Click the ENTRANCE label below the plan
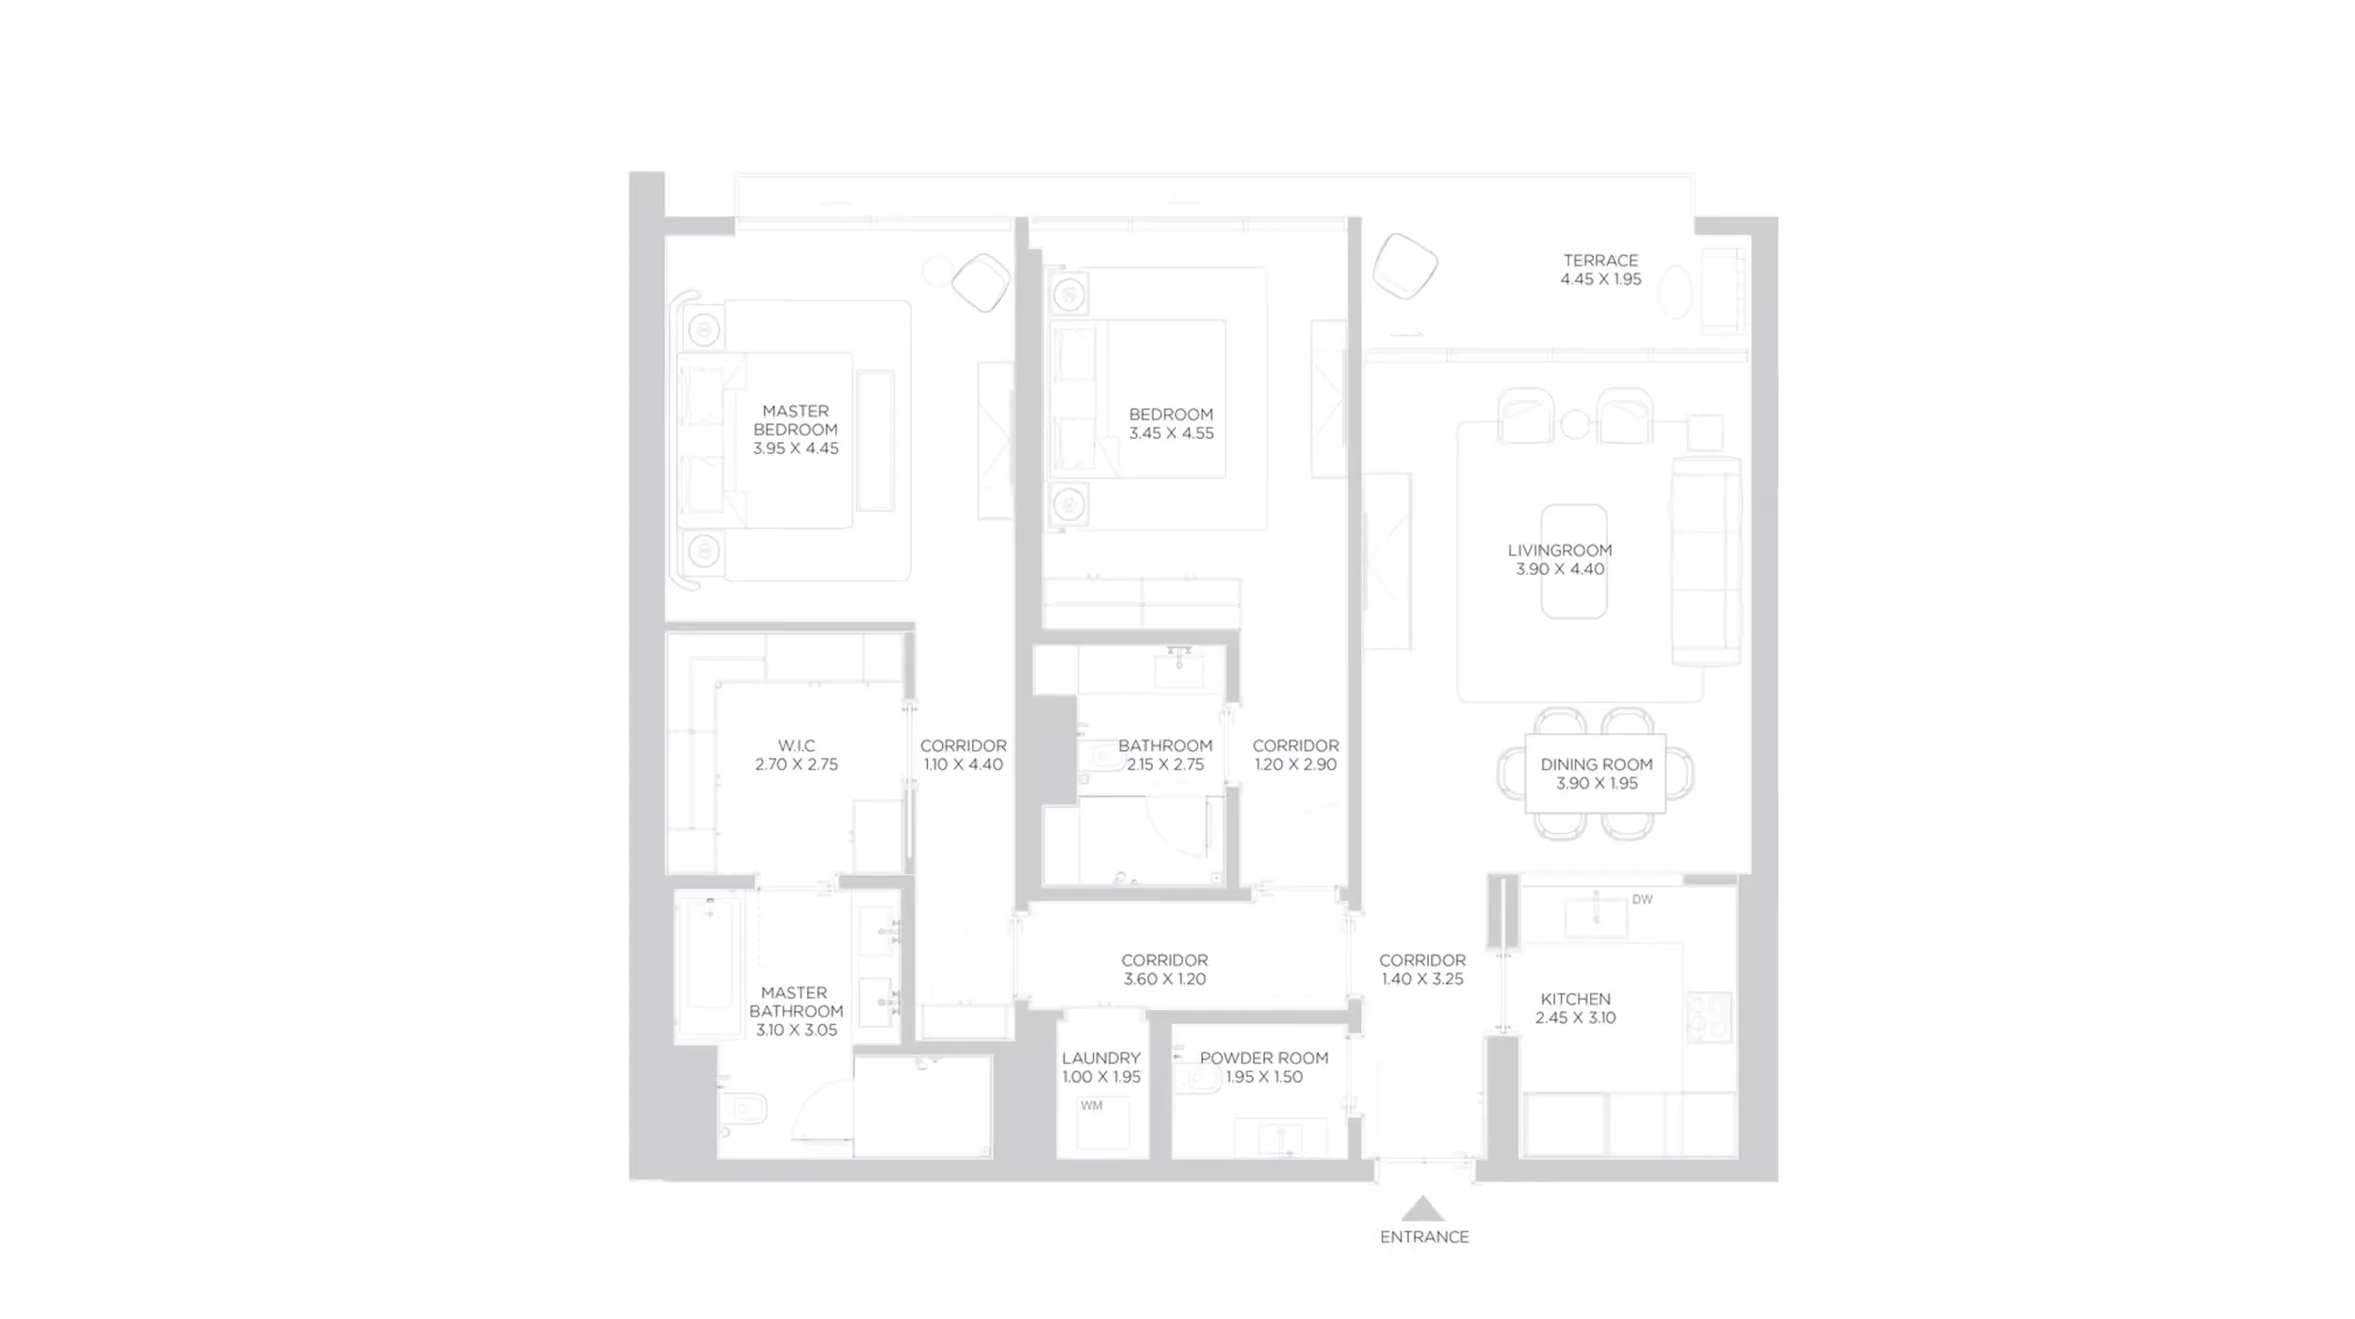click(x=1423, y=1237)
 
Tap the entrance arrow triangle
click(x=1422, y=1210)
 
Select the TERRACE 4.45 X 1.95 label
click(x=1600, y=269)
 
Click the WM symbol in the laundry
click(x=1091, y=1105)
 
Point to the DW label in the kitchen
click(x=1642, y=900)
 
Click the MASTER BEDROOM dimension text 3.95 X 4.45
click(x=795, y=448)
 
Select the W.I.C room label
click(x=796, y=745)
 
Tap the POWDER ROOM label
click(x=1263, y=1058)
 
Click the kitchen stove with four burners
click(x=1709, y=1018)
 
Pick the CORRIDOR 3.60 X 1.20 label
click(x=1164, y=969)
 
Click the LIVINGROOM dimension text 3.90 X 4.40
click(x=1560, y=569)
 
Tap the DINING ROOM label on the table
click(x=1596, y=765)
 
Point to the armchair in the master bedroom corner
click(x=981, y=282)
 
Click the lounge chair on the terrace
click(x=1404, y=266)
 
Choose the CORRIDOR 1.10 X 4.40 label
click(x=963, y=755)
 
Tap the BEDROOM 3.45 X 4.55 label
click(x=1171, y=424)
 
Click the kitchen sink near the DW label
click(x=1596, y=916)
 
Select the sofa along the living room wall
click(x=1706, y=562)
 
